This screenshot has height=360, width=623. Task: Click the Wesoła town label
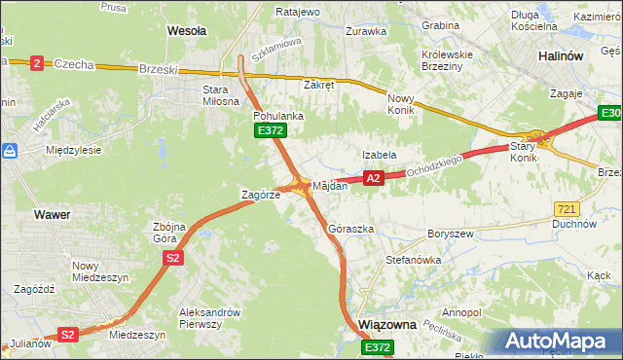coord(187,30)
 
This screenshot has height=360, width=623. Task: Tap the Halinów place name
coord(561,56)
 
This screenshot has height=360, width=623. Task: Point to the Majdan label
coord(330,185)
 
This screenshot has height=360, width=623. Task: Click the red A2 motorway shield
coord(373,178)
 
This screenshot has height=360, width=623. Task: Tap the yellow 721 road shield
coord(568,209)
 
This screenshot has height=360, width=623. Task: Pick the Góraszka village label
coord(351,229)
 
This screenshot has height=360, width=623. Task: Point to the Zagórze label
coord(261,195)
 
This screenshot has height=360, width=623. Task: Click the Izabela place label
coord(379,155)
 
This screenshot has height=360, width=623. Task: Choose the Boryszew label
coord(450,234)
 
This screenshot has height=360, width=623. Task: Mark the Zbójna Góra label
coord(176,233)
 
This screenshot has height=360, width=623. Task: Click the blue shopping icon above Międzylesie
coord(11,152)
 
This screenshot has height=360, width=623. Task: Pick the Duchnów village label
coord(574,224)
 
